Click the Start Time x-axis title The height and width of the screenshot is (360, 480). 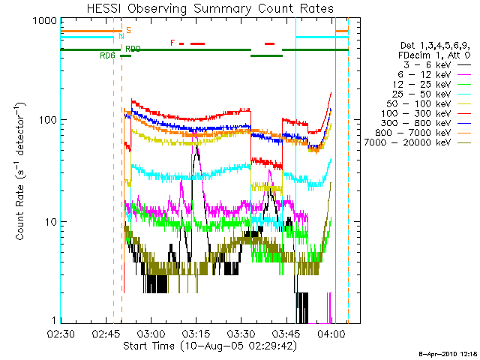(x=202, y=346)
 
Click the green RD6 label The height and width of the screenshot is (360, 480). (x=107, y=55)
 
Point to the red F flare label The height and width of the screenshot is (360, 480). (x=172, y=43)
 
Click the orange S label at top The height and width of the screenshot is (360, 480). (x=128, y=30)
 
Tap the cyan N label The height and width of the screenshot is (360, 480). (x=121, y=37)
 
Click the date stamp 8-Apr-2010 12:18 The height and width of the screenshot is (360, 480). (x=447, y=352)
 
